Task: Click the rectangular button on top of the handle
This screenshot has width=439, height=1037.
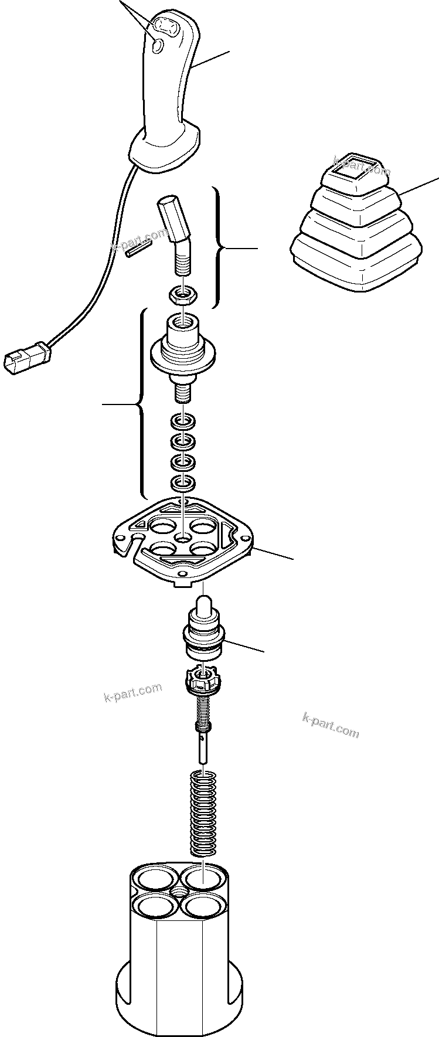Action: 164,27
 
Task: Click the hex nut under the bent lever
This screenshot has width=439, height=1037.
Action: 183,294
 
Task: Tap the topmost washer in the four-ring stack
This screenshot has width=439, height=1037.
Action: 183,421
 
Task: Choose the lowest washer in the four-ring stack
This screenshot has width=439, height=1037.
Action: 183,483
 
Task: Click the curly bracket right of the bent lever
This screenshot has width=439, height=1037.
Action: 219,249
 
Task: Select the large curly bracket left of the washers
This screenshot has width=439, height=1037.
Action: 141,404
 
